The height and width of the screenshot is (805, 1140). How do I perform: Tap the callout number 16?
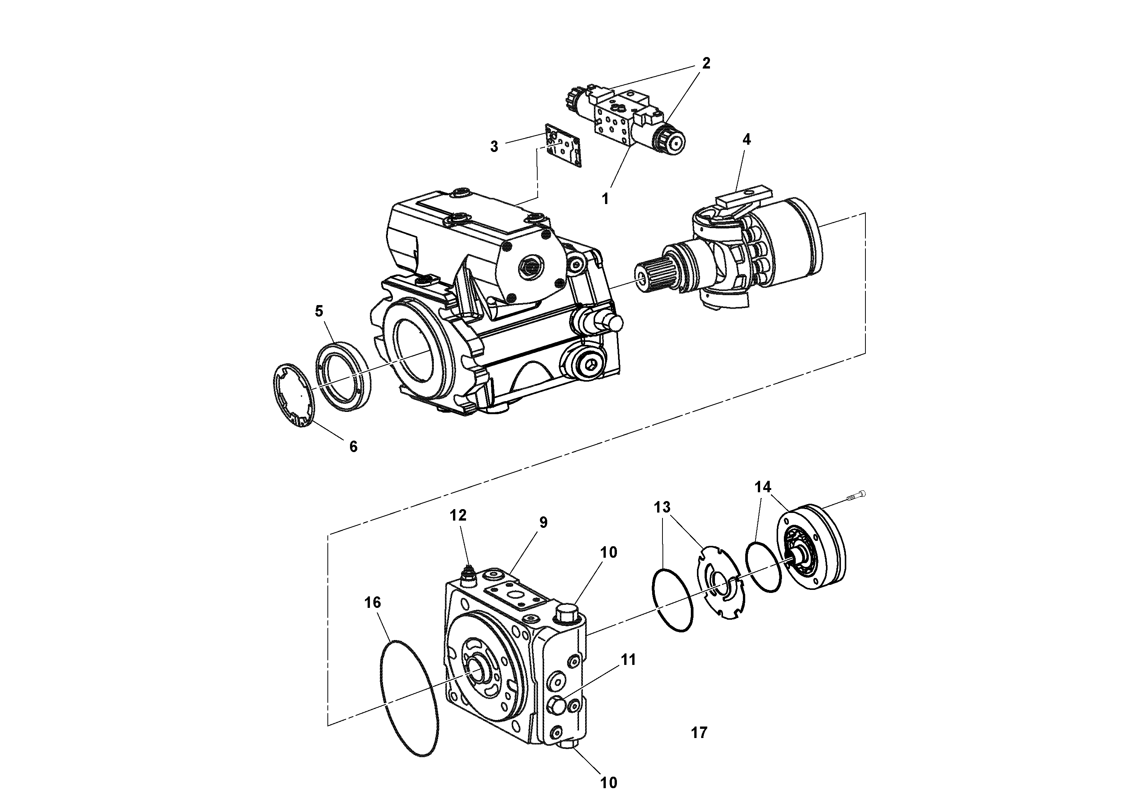click(372, 603)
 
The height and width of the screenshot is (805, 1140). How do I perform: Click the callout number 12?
click(458, 516)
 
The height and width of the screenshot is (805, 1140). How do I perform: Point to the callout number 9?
click(543, 522)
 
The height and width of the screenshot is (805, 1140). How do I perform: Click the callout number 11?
click(628, 660)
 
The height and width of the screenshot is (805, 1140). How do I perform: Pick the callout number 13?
click(662, 507)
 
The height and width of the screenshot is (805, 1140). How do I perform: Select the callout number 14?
click(763, 487)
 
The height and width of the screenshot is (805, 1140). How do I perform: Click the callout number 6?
click(353, 447)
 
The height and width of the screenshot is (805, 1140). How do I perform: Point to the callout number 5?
click(319, 311)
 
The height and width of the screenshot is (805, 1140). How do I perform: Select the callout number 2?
click(705, 64)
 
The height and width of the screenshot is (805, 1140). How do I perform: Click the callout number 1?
click(605, 199)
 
